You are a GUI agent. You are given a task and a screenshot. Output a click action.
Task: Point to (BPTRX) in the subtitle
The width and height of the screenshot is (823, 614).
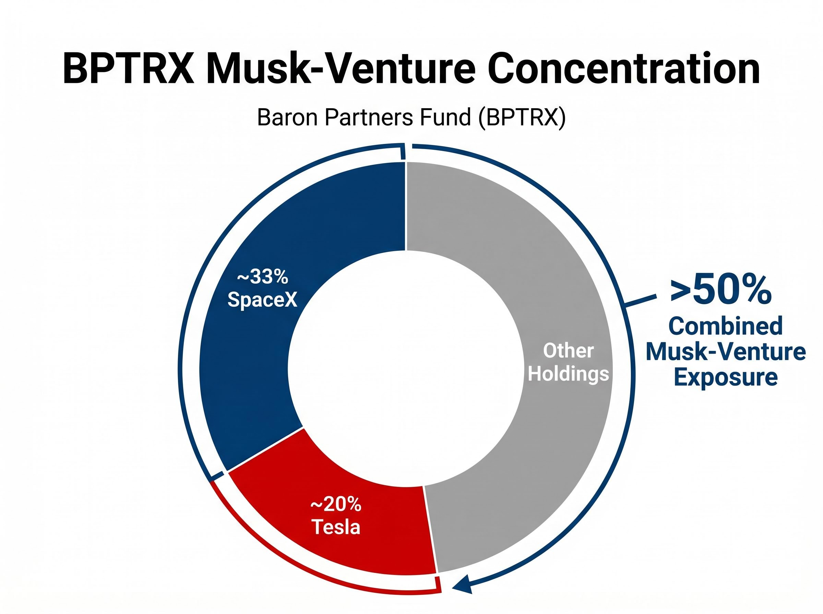(x=521, y=118)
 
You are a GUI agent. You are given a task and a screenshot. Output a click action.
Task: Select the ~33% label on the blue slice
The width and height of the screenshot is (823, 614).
(x=263, y=277)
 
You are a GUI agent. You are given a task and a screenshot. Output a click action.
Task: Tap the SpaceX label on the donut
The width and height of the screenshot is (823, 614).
(x=263, y=299)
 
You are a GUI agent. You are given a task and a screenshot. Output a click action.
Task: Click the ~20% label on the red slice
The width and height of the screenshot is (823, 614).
(x=336, y=504)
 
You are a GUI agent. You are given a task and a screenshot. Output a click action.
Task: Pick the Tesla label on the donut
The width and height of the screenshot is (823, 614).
(x=336, y=527)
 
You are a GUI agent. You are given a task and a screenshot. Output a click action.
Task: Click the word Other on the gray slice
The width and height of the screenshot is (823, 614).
(x=568, y=351)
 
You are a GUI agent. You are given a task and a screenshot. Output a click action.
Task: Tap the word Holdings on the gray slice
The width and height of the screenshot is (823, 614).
(x=568, y=373)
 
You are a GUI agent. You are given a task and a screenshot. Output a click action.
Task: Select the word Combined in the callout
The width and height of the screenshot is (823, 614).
(x=726, y=326)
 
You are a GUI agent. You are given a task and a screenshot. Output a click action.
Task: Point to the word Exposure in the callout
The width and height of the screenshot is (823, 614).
(x=726, y=377)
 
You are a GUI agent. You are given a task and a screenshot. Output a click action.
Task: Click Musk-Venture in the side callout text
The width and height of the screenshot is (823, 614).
(x=726, y=352)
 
